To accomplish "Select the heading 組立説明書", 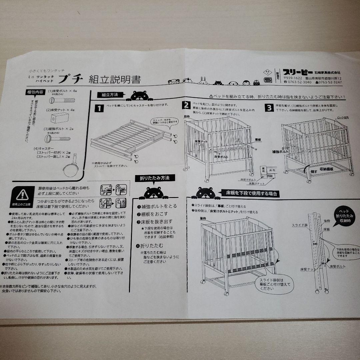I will (114, 80).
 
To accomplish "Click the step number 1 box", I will (98, 108).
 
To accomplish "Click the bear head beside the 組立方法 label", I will (139, 96).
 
